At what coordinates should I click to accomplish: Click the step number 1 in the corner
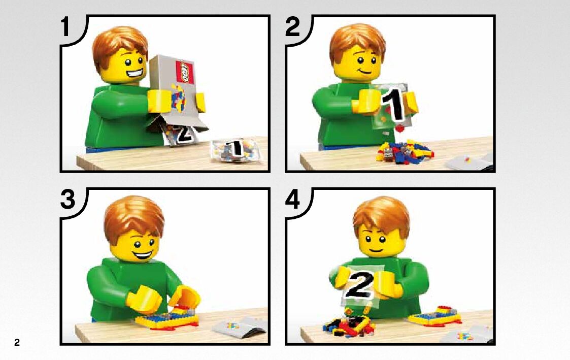click(65, 27)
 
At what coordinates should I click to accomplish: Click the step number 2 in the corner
click(293, 27)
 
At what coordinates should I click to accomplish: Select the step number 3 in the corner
click(68, 200)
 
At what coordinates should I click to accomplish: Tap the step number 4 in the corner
click(293, 200)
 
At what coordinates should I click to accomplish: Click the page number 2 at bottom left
click(17, 342)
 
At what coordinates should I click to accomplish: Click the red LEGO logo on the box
click(185, 72)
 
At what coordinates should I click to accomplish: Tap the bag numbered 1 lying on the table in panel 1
click(236, 150)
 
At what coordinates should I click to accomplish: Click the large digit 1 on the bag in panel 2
click(394, 103)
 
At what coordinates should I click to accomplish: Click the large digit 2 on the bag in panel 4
click(359, 284)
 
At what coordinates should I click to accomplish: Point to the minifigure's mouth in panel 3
click(143, 253)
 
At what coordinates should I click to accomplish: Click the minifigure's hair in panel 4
click(381, 215)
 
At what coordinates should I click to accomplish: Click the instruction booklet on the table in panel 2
click(469, 162)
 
